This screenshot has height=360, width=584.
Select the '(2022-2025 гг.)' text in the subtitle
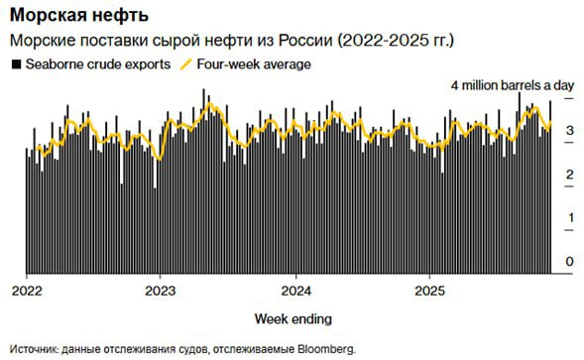click(x=397, y=41)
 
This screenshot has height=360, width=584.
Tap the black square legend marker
click(x=15, y=63)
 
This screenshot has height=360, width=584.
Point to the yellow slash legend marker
click(x=185, y=63)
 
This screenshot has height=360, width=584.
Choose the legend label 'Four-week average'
click(x=254, y=63)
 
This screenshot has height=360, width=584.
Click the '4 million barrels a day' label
click(x=513, y=86)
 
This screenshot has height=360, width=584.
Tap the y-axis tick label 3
click(x=569, y=131)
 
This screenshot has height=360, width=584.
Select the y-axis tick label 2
click(x=569, y=175)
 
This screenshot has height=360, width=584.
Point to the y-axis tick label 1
click(x=569, y=217)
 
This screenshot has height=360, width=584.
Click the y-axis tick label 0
click(x=569, y=261)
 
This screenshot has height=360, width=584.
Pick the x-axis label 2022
click(x=27, y=292)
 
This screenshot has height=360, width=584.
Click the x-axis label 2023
click(x=160, y=292)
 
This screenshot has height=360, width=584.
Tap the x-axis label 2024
click(x=294, y=292)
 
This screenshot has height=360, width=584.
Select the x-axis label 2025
click(x=428, y=292)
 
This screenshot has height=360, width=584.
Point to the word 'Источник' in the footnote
click(x=33, y=348)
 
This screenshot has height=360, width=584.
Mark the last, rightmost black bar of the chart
click(x=550, y=188)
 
